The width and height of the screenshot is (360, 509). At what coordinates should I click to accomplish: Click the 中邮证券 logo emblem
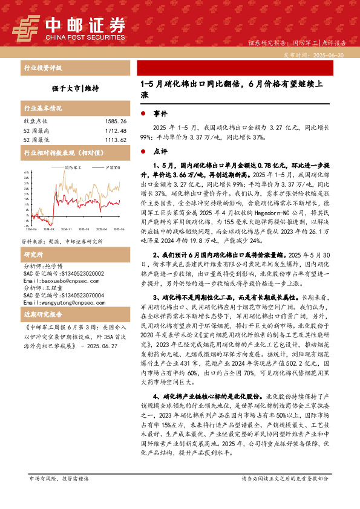26,27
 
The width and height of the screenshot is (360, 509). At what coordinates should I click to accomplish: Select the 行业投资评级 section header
42,68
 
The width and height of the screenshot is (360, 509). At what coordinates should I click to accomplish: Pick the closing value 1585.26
114,122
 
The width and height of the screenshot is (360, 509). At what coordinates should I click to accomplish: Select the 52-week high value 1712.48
114,131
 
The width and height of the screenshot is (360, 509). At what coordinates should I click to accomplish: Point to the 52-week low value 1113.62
114,140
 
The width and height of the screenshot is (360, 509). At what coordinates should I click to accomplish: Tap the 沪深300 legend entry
112,166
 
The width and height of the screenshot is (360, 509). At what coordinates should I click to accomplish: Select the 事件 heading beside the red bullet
160,114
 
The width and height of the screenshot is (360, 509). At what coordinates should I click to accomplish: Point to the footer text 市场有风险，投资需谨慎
59,494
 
